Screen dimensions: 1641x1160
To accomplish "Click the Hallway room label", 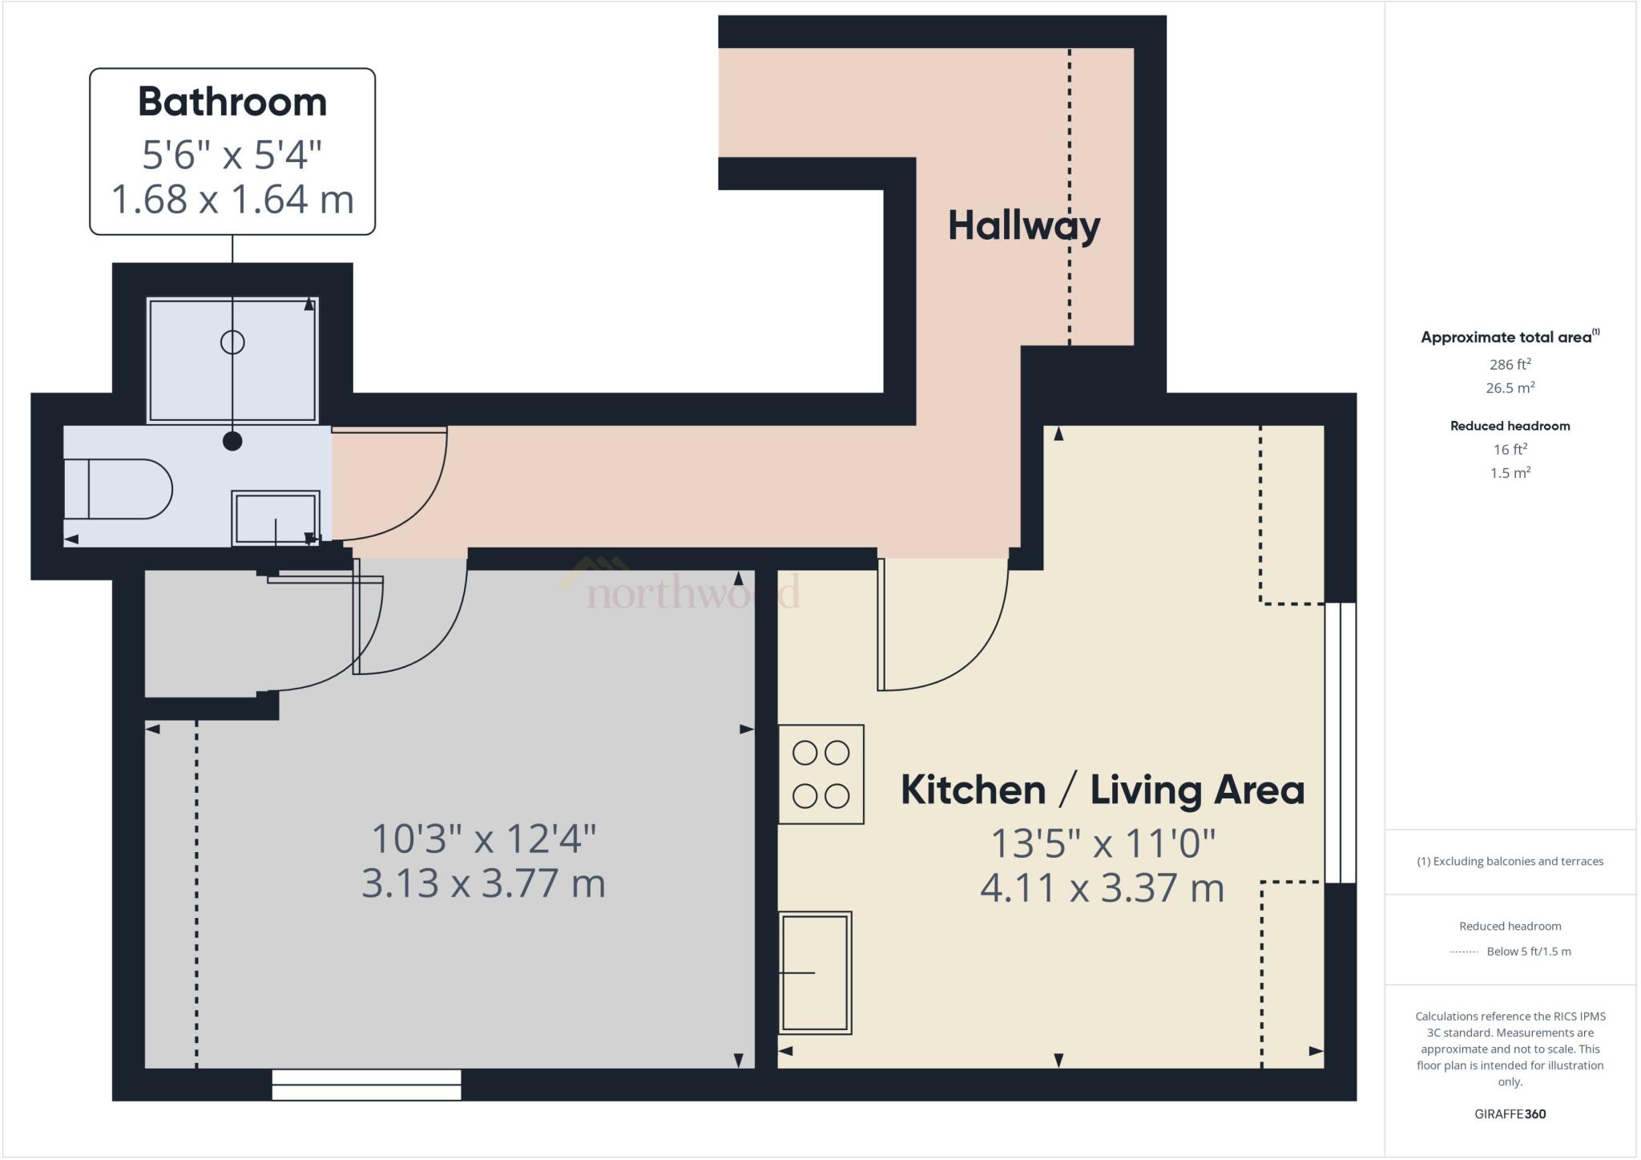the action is [x=1024, y=226].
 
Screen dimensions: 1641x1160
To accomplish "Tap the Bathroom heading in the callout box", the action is [x=232, y=102].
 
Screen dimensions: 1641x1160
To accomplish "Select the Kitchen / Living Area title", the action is [x=1103, y=790].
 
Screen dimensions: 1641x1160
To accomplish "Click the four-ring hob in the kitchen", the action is [x=821, y=774].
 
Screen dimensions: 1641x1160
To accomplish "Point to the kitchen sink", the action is [x=815, y=972].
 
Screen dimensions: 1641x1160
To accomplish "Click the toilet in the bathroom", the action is [x=118, y=489].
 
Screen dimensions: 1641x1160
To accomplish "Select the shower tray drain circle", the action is [x=232, y=342].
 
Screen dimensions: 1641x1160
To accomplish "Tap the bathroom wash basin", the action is [x=276, y=518].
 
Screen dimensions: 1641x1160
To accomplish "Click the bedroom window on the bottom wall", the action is [x=367, y=1085].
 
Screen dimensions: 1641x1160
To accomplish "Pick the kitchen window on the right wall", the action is [x=1341, y=743].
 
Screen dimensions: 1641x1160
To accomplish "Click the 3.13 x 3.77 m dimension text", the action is [x=483, y=883].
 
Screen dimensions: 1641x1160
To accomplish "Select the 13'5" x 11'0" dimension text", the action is [x=1103, y=843].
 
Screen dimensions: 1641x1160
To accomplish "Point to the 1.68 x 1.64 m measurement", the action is [x=232, y=199].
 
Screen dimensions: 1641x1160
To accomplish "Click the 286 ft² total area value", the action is [x=1510, y=364].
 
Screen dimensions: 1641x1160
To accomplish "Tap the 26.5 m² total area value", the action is [x=1510, y=387].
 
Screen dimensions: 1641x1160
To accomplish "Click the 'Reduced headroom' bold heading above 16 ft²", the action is [x=1510, y=426].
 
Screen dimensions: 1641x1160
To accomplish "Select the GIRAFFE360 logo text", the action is [x=1510, y=1114].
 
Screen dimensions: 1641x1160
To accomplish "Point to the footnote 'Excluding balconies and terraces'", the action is [x=1518, y=861].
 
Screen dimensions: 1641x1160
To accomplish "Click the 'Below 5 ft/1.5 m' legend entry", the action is [x=1529, y=952].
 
